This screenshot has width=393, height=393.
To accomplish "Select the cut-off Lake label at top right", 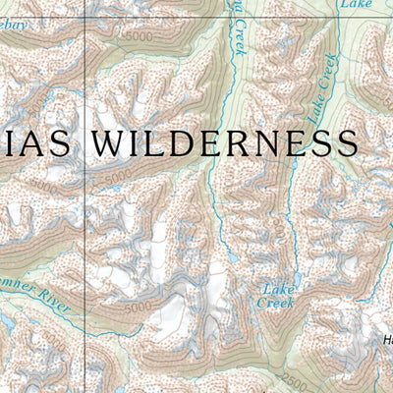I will (355, 5).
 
